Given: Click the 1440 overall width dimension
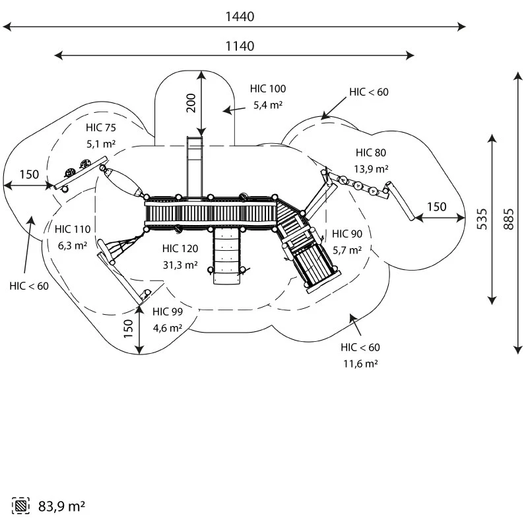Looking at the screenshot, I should [x=238, y=16].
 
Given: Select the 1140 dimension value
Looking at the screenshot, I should [x=238, y=46].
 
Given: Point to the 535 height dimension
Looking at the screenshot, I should [x=482, y=218].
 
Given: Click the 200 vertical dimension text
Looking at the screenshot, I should [x=191, y=103].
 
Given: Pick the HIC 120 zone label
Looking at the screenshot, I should [x=180, y=249].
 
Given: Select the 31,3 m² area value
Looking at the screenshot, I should [x=180, y=265].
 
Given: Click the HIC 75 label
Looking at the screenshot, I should [x=100, y=127].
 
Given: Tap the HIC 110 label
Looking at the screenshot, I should [x=73, y=229].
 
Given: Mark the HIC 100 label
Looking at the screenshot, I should [x=268, y=88].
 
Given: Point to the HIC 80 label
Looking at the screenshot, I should [x=371, y=152].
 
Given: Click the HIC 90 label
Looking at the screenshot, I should [x=347, y=234].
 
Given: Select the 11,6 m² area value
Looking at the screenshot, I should [x=360, y=363].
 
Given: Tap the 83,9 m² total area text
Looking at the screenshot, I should [x=61, y=506].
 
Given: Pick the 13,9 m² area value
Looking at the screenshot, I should [x=371, y=168].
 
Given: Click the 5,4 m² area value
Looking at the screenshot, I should [x=268, y=104].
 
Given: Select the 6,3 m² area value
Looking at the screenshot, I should [x=73, y=245].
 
